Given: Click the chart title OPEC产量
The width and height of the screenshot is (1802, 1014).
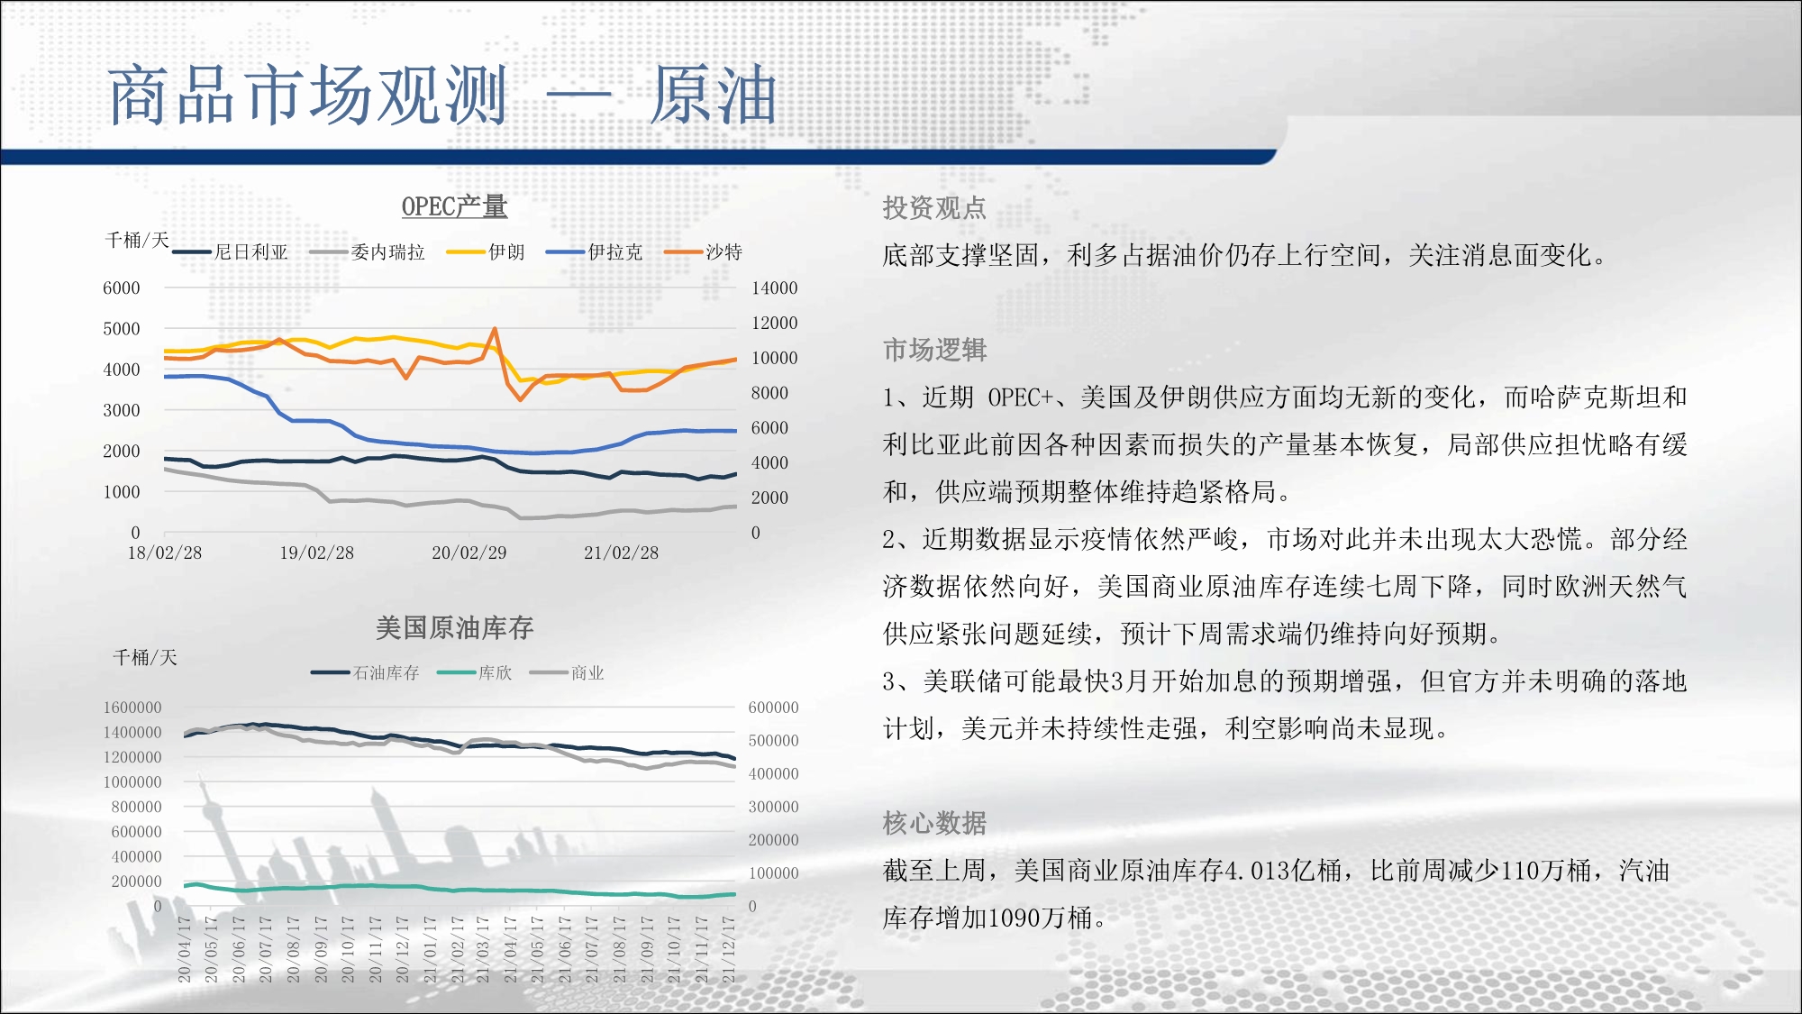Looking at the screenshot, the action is tap(454, 206).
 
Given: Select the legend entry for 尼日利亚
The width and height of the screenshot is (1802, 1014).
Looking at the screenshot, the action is tap(231, 252).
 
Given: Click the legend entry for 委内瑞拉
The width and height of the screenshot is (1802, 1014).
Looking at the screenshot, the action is tap(367, 252).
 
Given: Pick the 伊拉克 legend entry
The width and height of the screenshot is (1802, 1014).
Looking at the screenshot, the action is tap(595, 252).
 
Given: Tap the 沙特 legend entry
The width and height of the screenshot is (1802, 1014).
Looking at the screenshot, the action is tap(703, 252).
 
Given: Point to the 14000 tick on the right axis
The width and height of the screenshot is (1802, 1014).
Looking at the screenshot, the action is tap(775, 288).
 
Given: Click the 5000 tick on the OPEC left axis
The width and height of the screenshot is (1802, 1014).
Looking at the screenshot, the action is tap(122, 329).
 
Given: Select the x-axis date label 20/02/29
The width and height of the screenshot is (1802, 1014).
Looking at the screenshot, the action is tap(469, 553).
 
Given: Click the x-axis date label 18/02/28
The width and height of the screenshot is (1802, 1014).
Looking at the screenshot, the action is tap(165, 553).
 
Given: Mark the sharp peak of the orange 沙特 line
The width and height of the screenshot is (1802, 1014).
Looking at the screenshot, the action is tap(495, 329).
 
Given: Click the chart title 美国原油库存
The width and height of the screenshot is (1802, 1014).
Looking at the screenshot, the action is tap(454, 627).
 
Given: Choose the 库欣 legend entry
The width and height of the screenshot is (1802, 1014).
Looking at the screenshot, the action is tap(474, 672).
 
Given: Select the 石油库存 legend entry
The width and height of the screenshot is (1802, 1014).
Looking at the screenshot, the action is tap(365, 672).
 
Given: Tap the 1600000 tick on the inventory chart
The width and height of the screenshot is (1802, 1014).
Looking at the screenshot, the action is tap(132, 708).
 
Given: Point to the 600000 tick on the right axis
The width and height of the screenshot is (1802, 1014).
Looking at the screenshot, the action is tap(774, 708).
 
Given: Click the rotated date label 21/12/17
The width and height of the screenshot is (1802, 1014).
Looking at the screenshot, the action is tap(728, 949).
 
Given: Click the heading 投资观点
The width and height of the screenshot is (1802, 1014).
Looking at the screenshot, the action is tap(934, 208).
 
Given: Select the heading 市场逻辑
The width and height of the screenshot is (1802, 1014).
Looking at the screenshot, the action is tap(934, 350).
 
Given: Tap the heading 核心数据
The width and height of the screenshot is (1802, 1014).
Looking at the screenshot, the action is tap(934, 823).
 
